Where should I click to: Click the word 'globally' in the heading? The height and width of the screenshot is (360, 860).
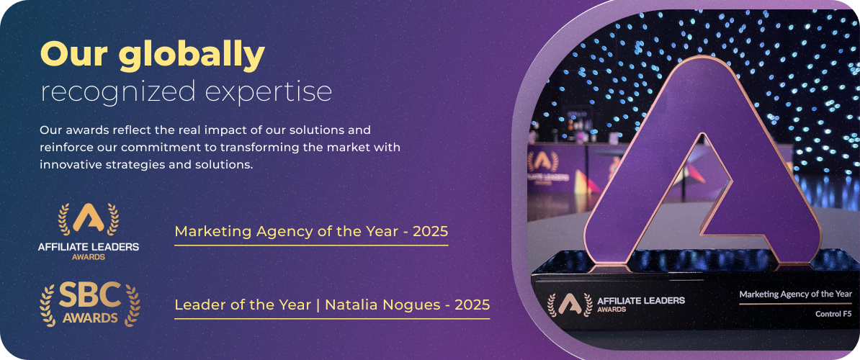[192, 56]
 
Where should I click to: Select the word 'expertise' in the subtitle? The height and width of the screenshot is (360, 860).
[269, 93]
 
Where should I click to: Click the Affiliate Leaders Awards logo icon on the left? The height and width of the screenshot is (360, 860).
[89, 219]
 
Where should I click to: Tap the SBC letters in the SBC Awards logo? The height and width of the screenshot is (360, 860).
[90, 297]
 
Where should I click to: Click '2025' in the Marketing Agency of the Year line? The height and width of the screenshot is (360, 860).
[431, 232]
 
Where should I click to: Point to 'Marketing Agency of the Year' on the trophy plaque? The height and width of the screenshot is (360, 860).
[795, 294]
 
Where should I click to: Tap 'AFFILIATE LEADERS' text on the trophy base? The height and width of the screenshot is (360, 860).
[640, 301]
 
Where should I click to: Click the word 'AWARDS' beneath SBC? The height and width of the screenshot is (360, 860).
[90, 318]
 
